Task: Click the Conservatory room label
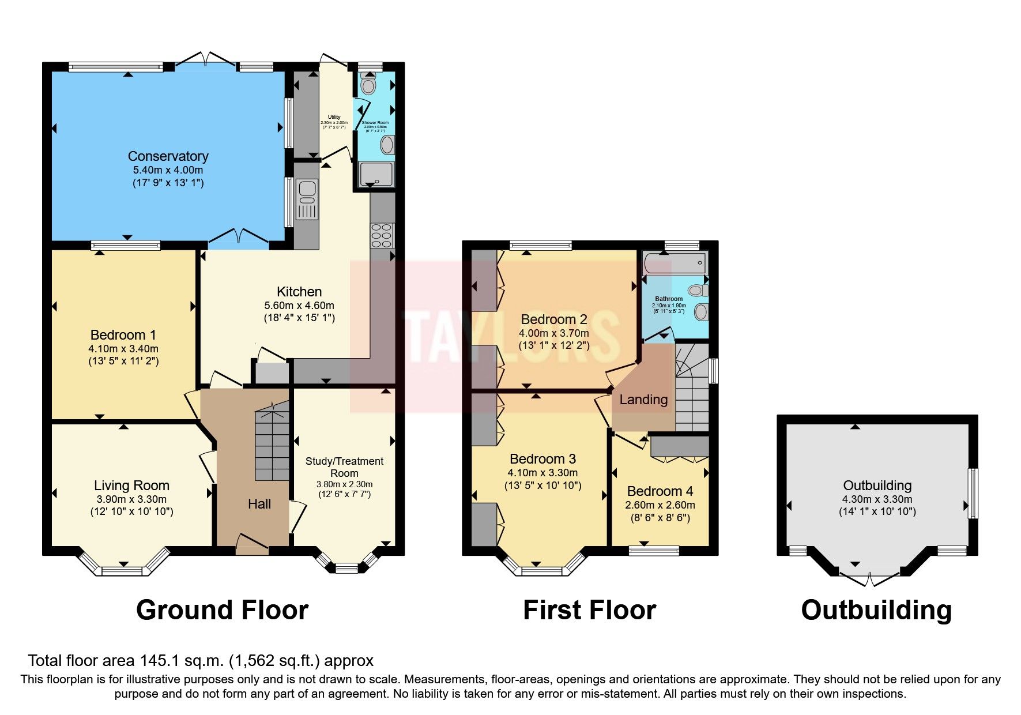pyautogui.click(x=168, y=156)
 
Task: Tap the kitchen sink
pyautogui.click(x=306, y=199)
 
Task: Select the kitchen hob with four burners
pyautogui.click(x=382, y=235)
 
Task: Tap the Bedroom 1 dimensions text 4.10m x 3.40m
pyautogui.click(x=123, y=348)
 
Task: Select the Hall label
pyautogui.click(x=259, y=504)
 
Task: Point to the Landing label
pyautogui.click(x=643, y=399)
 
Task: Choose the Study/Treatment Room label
pyautogui.click(x=344, y=466)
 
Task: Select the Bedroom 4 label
pyautogui.click(x=660, y=491)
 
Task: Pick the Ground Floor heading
pyautogui.click(x=222, y=610)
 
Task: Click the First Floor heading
pyautogui.click(x=589, y=610)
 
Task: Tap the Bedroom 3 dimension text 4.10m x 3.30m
pyautogui.click(x=542, y=472)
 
